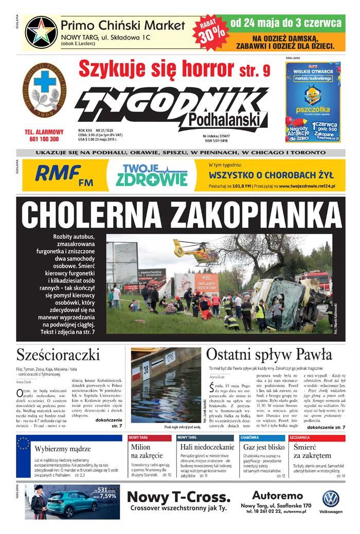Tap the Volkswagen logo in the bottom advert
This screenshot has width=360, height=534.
tap(331, 499)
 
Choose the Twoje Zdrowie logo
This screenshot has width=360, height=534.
tap(152, 175)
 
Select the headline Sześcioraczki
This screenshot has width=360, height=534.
tap(58, 355)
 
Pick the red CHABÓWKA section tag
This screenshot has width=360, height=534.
tap(249, 437)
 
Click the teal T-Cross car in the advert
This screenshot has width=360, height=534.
tap(80, 503)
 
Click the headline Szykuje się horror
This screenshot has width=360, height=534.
tap(158, 68)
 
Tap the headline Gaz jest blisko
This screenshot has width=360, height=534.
tap(264, 447)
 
